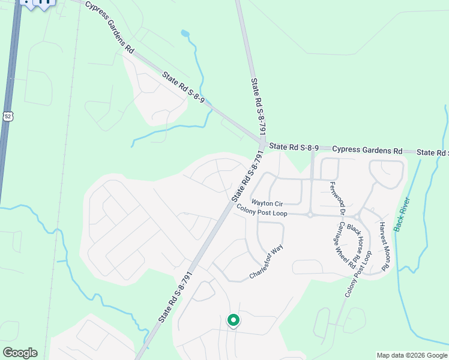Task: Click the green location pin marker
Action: click(x=233, y=321)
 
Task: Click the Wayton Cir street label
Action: click(x=266, y=203)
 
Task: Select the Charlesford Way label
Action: click(x=266, y=262)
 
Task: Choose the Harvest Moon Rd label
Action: click(x=385, y=246)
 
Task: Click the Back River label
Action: click(x=402, y=214)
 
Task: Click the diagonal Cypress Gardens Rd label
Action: click(x=110, y=26)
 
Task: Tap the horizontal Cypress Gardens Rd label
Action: click(x=367, y=150)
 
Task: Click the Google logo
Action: click(x=20, y=353)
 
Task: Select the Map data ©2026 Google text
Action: click(x=412, y=355)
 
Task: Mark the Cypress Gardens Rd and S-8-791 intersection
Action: click(x=263, y=144)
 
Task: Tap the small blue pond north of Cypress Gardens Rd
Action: click(x=185, y=34)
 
